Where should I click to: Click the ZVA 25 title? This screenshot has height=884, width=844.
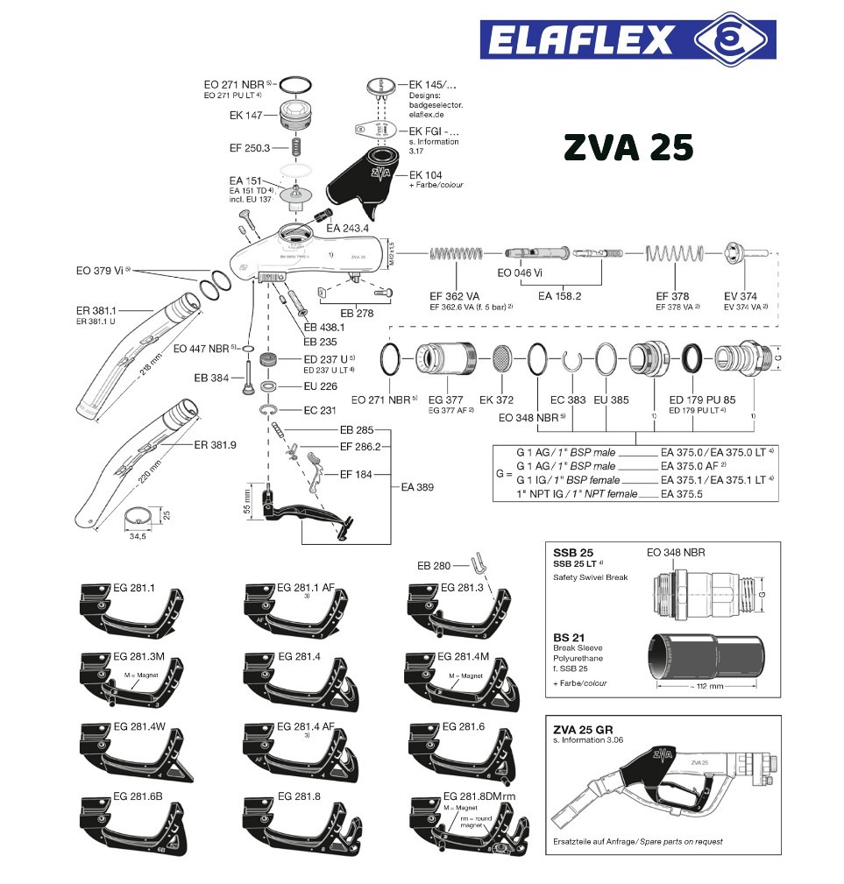(x=628, y=147)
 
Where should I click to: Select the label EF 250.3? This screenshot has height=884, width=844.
(x=250, y=147)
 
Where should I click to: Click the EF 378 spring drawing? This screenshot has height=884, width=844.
(x=674, y=254)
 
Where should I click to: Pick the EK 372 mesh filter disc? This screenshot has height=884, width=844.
(x=502, y=359)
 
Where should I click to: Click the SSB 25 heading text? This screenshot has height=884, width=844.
(x=573, y=553)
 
